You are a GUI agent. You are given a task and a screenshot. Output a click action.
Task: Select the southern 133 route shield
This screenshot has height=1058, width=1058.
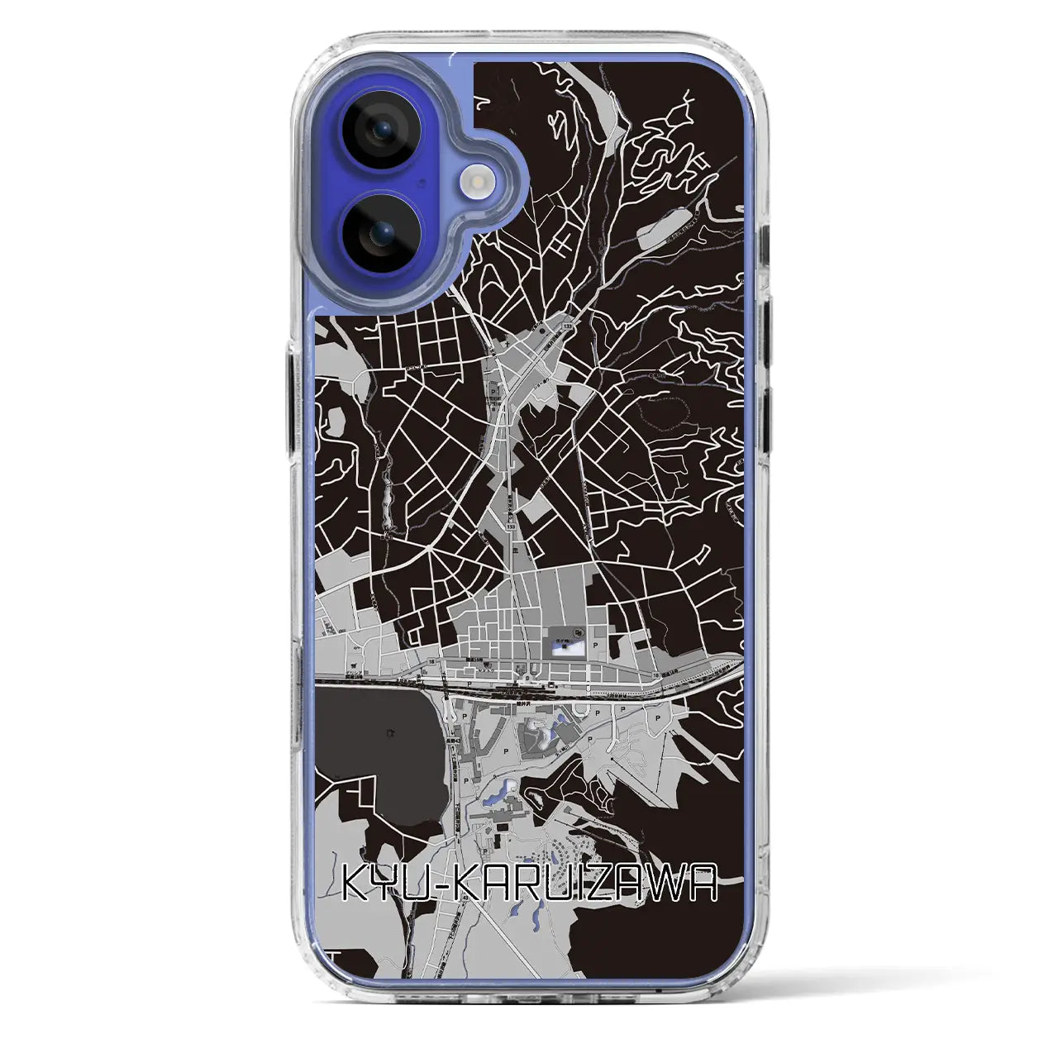pos(512,526)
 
